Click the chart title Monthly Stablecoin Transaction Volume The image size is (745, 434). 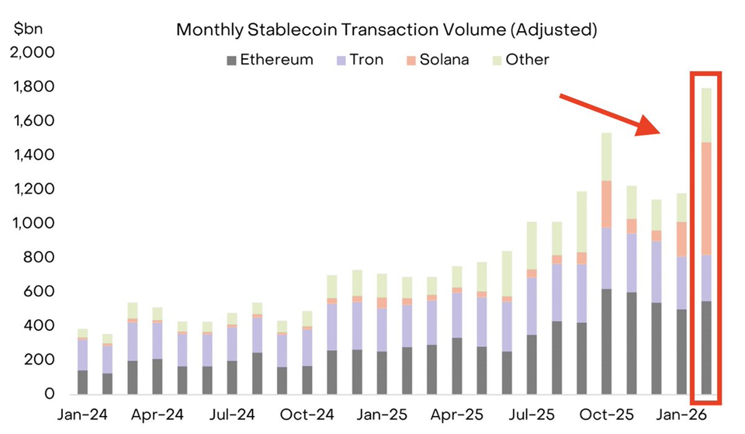click(x=386, y=30)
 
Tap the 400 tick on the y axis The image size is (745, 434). click(x=38, y=326)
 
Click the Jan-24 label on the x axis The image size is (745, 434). click(x=81, y=415)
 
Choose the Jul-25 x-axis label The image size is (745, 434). click(x=529, y=415)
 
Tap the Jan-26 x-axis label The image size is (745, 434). click(x=679, y=415)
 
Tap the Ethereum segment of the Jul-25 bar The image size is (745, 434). click(x=531, y=364)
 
